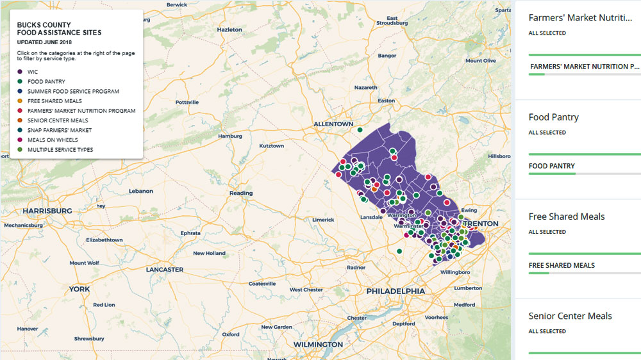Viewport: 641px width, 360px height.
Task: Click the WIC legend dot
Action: tap(21, 72)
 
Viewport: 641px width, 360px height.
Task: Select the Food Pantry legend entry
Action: tap(46, 82)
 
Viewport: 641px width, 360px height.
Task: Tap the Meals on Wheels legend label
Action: tap(53, 140)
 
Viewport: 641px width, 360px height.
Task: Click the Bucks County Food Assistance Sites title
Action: tap(59, 29)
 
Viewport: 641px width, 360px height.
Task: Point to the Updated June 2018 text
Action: tap(44, 42)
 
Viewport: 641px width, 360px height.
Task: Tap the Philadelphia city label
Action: tap(395, 291)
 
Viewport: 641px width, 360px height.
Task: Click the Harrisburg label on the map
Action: tap(47, 211)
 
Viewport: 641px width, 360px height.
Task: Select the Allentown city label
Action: tap(333, 124)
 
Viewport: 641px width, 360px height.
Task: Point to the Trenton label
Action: tap(480, 224)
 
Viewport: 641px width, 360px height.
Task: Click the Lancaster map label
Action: tap(165, 270)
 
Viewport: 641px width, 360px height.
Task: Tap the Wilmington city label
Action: tap(318, 345)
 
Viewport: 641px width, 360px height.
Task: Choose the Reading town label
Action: tap(241, 193)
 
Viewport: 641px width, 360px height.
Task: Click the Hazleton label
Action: tap(229, 29)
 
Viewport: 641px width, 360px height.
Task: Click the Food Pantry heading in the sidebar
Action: tap(553, 117)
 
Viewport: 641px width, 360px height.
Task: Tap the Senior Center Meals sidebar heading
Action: tap(570, 316)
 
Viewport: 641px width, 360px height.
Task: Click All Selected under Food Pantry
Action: tap(547, 133)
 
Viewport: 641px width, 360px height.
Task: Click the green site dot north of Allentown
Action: tap(360, 129)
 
